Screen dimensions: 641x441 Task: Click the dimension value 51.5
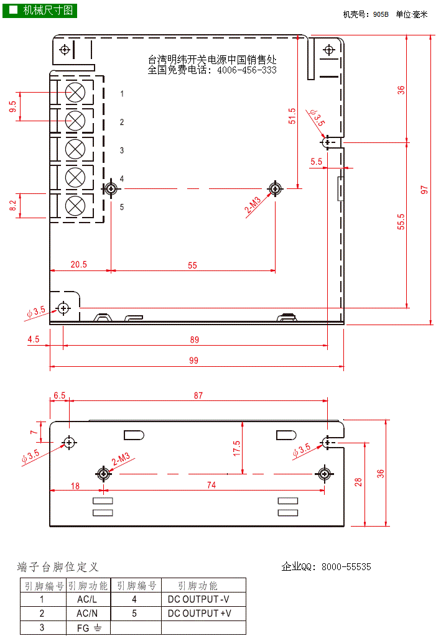[292, 116]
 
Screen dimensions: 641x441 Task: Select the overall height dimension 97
[425, 190]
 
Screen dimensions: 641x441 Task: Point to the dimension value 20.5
[78, 264]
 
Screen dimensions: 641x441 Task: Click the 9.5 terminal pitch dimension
[13, 106]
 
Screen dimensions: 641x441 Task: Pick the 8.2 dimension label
[13, 206]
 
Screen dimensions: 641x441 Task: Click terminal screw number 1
[75, 93]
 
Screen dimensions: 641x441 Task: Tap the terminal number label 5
[122, 207]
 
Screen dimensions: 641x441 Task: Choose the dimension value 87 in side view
[198, 395]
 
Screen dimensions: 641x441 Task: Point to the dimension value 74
[211, 486]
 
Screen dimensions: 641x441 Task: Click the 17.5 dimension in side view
[237, 448]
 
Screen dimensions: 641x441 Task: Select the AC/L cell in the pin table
[87, 600]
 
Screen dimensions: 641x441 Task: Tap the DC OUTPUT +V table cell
[198, 614]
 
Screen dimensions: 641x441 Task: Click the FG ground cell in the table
[87, 627]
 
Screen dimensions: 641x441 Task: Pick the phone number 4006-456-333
[247, 70]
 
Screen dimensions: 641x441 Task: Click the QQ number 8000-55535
[346, 567]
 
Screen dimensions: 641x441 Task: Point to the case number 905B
[380, 13]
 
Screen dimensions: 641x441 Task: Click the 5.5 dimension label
[316, 161]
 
